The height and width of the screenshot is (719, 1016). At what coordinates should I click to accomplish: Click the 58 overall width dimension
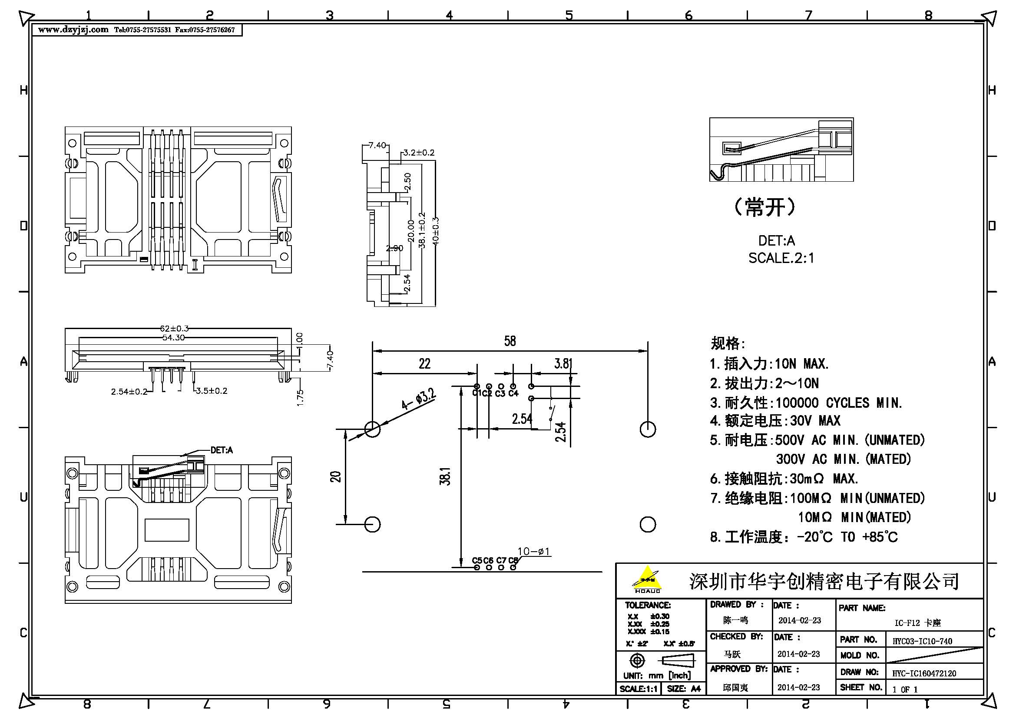point(510,341)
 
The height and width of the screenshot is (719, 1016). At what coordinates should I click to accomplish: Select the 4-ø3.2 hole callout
point(419,399)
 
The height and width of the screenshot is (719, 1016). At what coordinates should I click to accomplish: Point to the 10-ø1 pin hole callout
point(534,551)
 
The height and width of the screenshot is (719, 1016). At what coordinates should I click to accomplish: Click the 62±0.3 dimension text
point(174,329)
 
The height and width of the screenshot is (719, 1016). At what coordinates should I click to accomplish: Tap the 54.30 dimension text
point(173,338)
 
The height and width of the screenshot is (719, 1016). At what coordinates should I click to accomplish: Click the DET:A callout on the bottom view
point(221,450)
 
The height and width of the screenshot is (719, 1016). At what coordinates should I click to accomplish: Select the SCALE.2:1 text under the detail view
point(781,258)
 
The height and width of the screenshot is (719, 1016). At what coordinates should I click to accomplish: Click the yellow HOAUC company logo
point(647,579)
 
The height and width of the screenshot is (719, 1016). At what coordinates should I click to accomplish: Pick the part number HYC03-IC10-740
point(922,641)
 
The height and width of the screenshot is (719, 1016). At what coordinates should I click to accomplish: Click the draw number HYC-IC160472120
point(924,673)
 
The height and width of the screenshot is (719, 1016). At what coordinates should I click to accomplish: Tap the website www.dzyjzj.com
point(73,30)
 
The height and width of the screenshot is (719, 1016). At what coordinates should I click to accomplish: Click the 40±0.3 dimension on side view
point(435,231)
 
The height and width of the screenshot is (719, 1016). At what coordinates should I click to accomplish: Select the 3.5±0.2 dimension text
point(212,391)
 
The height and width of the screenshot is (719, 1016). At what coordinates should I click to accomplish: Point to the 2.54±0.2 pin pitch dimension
point(129,392)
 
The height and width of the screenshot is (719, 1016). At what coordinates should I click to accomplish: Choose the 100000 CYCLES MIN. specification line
point(806,403)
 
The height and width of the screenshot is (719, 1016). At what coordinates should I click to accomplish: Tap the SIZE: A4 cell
point(684,689)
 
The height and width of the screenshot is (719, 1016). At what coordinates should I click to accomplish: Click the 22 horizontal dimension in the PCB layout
point(424,364)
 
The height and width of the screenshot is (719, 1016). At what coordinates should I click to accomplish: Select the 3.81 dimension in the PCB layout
point(563,364)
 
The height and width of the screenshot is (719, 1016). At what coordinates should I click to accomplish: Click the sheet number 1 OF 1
point(905,689)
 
